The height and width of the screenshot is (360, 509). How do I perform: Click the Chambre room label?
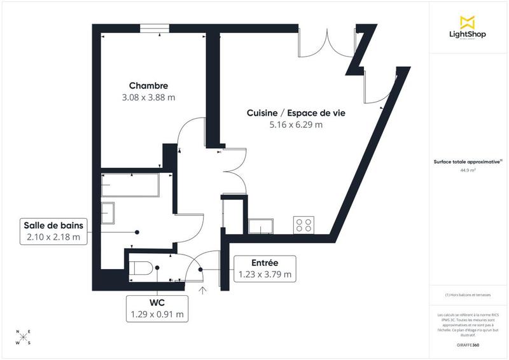(148, 86)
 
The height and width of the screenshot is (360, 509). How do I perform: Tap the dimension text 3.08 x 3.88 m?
(148, 98)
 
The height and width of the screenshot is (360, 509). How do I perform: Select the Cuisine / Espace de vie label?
(296, 113)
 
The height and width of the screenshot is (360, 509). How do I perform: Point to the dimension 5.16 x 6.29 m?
(296, 125)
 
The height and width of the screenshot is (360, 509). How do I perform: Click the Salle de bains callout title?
(53, 225)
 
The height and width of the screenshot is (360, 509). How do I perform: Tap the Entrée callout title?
(264, 263)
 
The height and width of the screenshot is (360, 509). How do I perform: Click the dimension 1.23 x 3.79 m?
(264, 275)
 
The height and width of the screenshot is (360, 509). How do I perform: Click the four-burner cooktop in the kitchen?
(303, 224)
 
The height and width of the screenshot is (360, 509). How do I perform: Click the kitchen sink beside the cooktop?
(261, 225)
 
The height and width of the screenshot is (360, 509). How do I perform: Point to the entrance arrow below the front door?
(204, 291)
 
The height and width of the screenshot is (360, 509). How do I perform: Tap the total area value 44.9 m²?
(468, 170)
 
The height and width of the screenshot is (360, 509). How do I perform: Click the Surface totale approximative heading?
(468, 162)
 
